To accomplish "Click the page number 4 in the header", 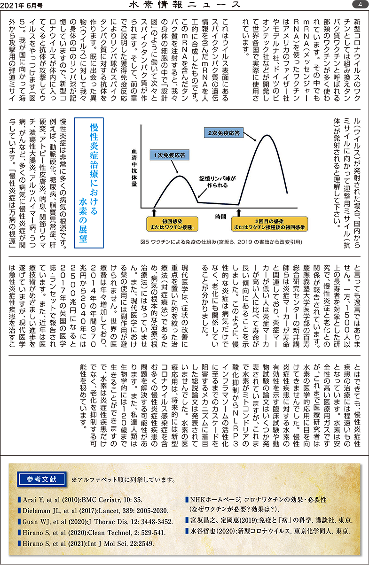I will [359, 4].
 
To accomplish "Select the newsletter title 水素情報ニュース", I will [184, 5].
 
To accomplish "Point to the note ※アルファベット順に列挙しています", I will [124, 480].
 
